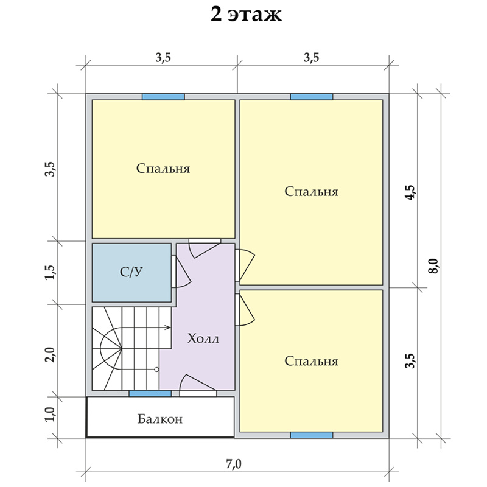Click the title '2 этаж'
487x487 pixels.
pos(246,15)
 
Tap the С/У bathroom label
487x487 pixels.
pos(131,272)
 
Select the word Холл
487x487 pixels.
pos(203,338)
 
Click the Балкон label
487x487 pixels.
pos(160,419)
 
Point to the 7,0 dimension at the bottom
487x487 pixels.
pos(234,464)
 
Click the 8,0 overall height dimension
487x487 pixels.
pos(433,265)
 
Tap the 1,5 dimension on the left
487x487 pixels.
pos(51,272)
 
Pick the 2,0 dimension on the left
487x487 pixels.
pos(51,354)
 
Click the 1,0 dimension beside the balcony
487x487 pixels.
pos(51,414)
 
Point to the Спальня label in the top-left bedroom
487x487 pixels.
pos(163,169)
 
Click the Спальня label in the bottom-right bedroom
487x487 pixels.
pos(311,361)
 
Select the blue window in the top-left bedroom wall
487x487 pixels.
pos(163,97)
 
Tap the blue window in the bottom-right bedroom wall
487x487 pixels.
pos(312,435)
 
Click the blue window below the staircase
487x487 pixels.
pos(150,393)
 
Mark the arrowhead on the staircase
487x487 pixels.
pos(169,328)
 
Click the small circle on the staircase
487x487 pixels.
pos(156,370)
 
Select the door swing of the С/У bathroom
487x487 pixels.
pos(181,272)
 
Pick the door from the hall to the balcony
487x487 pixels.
pos(198,385)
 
